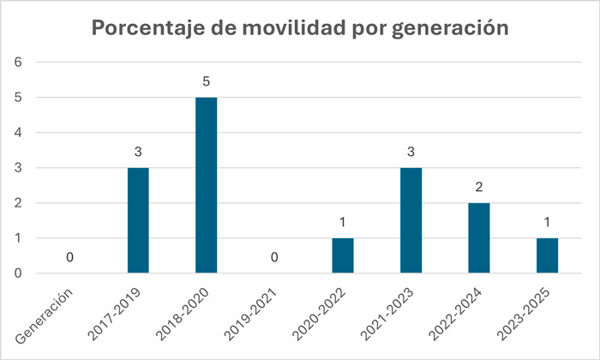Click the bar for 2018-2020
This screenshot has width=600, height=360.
[x=206, y=185]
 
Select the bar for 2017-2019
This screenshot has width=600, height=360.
[x=138, y=220]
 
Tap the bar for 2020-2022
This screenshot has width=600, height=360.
[x=342, y=255]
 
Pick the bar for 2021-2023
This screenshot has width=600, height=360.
[x=410, y=220]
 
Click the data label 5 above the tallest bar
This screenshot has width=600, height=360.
[x=206, y=82]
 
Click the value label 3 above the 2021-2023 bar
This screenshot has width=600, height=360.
[x=410, y=153]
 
